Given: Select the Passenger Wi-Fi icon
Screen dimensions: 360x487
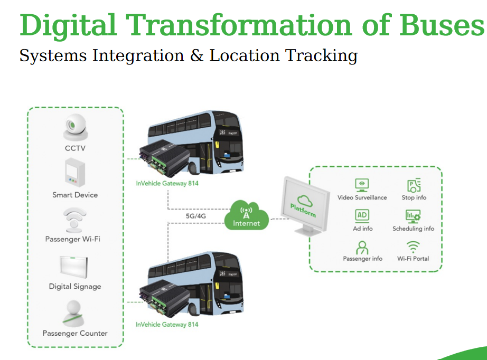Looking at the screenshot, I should tap(74, 220).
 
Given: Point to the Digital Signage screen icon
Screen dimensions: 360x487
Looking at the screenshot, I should tap(74, 267).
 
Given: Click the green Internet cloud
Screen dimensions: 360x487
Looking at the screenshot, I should tap(247, 216).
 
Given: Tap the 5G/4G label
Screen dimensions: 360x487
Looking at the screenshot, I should tap(196, 216).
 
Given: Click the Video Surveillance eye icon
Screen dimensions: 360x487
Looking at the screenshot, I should tap(362, 185).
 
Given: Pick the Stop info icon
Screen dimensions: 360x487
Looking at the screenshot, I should tap(414, 185).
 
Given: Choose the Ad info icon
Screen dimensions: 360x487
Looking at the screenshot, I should tap(362, 215).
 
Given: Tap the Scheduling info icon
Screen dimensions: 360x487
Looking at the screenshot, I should tap(413, 216).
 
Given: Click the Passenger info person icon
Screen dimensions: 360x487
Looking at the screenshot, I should tap(362, 247).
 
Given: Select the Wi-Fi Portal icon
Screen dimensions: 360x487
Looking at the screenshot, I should tap(413, 247).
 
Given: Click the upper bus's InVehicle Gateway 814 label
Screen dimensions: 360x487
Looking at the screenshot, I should tap(167, 184).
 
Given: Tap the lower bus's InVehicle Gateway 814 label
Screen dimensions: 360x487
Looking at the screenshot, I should tap(167, 324).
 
